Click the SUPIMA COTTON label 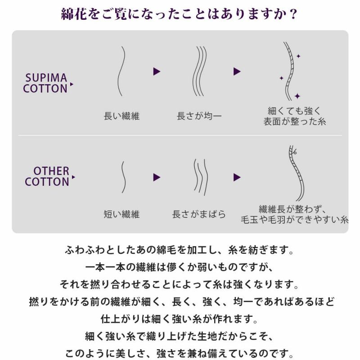click(45, 83)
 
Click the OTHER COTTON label click(47, 176)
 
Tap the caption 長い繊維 click(121, 116)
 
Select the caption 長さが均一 click(199, 116)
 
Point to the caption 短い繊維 click(121, 214)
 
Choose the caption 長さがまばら click(199, 214)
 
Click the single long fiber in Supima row click(121, 71)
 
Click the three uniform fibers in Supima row click(199, 71)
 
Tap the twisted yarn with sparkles click(289, 71)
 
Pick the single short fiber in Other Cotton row click(123, 177)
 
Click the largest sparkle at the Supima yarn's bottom click(297, 96)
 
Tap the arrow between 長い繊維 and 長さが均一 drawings click(157, 72)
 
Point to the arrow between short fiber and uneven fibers click(157, 177)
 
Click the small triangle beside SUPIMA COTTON click(72, 84)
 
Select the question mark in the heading click(293, 14)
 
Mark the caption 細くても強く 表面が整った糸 click(295, 117)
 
